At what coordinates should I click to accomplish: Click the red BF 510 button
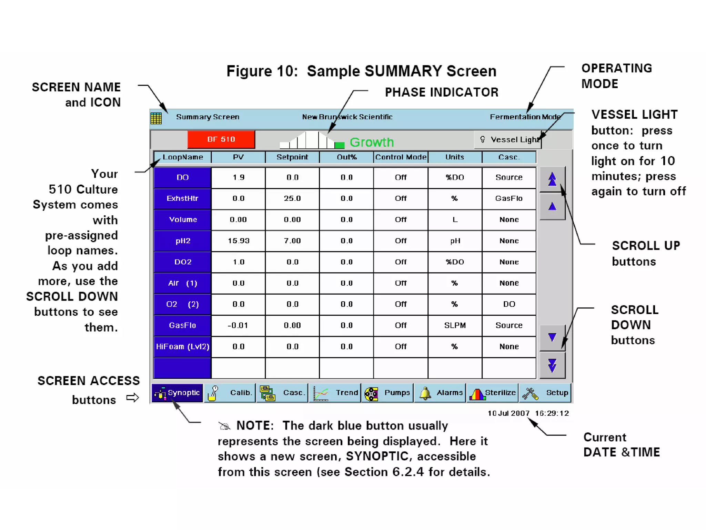[x=221, y=139]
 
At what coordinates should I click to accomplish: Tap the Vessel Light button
[x=508, y=140]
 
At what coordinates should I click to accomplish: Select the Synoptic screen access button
[x=177, y=393]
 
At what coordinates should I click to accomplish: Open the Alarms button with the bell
[x=440, y=393]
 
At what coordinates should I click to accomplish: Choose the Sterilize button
[x=493, y=393]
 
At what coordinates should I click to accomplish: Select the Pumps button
[x=387, y=393]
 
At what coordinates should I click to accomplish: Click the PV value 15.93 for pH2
[x=238, y=241]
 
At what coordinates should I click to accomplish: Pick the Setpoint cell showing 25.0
[x=292, y=198]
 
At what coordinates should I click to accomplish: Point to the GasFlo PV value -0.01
[x=238, y=325]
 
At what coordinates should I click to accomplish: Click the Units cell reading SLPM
[x=455, y=325]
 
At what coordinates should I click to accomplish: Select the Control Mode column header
[x=401, y=157]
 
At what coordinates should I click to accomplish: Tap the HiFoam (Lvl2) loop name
[x=182, y=346]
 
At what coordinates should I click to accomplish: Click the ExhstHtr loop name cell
[x=182, y=198]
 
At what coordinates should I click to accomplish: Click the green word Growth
[x=372, y=142]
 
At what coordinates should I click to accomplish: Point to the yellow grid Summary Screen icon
[x=156, y=118]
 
